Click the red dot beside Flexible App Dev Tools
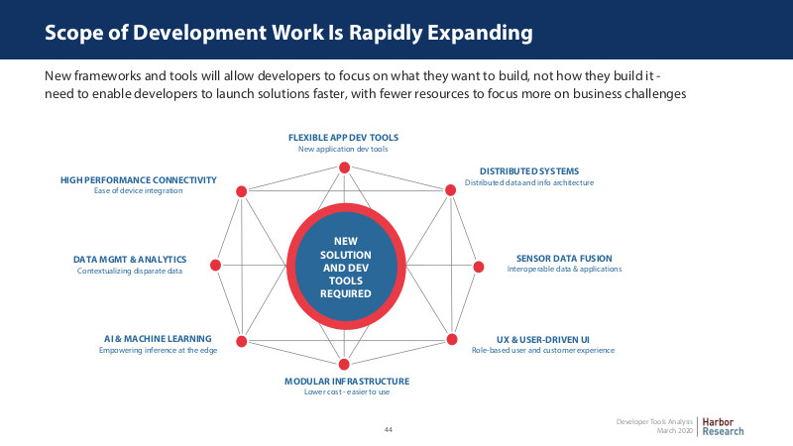(x=344, y=167)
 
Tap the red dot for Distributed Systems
(x=450, y=190)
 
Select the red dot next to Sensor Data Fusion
(x=479, y=267)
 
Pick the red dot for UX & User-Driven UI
(x=452, y=339)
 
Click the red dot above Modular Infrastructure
(x=344, y=364)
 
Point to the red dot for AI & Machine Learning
(x=242, y=341)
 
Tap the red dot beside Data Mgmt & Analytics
(x=215, y=265)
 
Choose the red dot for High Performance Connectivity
(x=241, y=191)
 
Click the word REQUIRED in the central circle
(x=345, y=293)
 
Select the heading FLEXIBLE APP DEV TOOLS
(x=343, y=138)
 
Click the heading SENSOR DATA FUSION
(x=564, y=259)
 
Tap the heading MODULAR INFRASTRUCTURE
(x=347, y=382)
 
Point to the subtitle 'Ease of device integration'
(x=138, y=190)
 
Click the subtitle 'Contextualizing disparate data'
(x=130, y=271)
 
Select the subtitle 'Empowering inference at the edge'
(x=158, y=351)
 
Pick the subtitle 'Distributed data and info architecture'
(x=529, y=182)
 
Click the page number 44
(x=388, y=430)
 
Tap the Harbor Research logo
(x=723, y=427)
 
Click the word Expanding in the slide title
(x=480, y=33)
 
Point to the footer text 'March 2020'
(x=675, y=431)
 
